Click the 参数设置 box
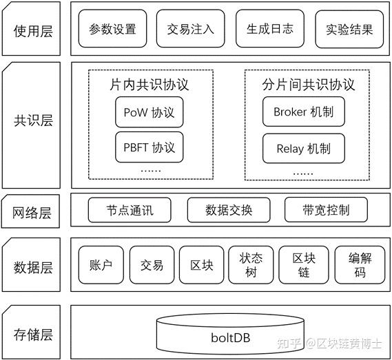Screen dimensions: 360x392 click(112, 30)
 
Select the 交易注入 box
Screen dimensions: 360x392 click(191, 30)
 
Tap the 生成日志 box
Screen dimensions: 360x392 click(269, 30)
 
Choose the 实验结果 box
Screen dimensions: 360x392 click(349, 30)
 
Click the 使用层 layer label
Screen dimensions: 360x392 click(33, 30)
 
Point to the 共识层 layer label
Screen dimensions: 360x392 click(33, 121)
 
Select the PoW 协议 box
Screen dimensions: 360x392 click(149, 112)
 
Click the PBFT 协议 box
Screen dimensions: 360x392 click(149, 147)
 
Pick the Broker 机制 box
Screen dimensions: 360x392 click(303, 112)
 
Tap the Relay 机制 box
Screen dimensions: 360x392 click(303, 148)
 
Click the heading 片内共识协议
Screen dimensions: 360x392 click(149, 85)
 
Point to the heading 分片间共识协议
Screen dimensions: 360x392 click(308, 85)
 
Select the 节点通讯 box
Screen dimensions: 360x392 click(130, 210)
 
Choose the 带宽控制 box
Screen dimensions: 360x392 click(326, 210)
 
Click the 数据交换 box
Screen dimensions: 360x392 click(229, 210)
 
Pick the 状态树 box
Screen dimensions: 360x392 click(251, 265)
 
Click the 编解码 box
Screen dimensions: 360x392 click(360, 265)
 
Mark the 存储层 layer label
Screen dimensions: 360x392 click(33, 335)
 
